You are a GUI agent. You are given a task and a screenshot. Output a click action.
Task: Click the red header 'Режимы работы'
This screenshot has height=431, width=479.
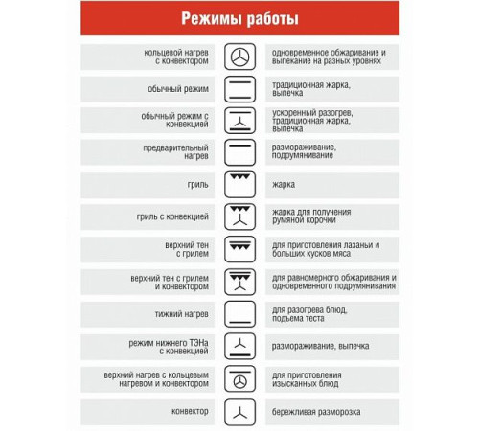click(x=239, y=20)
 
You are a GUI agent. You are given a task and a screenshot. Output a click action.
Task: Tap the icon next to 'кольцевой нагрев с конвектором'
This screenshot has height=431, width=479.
click(x=239, y=56)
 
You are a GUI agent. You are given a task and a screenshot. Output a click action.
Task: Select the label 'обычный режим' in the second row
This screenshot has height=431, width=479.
click(x=183, y=88)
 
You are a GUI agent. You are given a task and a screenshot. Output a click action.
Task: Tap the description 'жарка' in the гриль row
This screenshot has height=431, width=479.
click(x=284, y=184)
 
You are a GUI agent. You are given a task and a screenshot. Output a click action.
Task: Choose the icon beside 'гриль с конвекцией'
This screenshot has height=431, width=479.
click(x=239, y=216)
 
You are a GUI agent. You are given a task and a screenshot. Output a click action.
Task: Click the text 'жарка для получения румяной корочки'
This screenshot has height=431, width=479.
click(x=312, y=216)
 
